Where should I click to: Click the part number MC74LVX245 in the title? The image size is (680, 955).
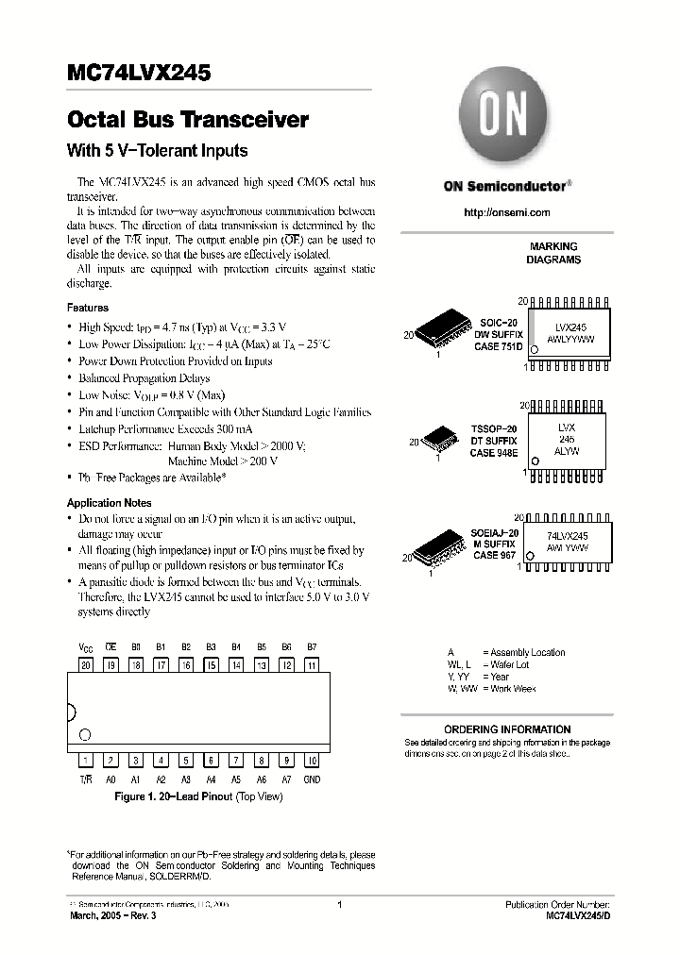[x=139, y=73]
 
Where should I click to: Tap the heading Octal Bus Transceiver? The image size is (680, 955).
[x=188, y=121]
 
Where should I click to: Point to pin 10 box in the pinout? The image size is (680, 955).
[x=312, y=761]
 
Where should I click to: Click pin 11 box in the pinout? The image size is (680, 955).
[x=312, y=664]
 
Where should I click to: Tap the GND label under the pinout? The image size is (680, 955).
[x=312, y=779]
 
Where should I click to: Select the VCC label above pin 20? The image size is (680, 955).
[x=85, y=646]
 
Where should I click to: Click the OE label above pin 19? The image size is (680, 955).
[x=110, y=646]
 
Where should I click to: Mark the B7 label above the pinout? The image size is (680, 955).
[x=312, y=646]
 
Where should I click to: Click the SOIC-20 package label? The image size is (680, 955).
[x=497, y=323]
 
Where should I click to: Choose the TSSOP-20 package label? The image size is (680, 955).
[x=495, y=429]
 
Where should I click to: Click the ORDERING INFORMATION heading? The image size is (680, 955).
[x=506, y=729]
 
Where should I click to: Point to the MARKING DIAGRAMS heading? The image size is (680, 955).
[x=553, y=253]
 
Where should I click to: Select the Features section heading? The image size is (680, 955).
[x=87, y=308]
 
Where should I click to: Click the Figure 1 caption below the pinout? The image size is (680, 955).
[x=197, y=796]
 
